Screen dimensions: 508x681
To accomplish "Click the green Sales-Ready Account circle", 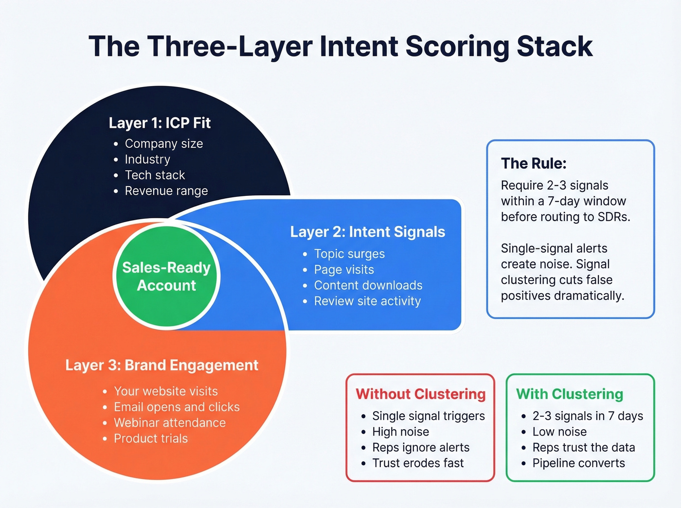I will pyautogui.click(x=166, y=277).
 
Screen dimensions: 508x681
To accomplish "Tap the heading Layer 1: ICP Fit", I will pyautogui.click(x=160, y=123).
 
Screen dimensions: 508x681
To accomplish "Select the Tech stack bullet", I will pyautogui.click(x=155, y=175).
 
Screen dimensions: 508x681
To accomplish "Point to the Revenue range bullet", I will pyautogui.click(x=166, y=191).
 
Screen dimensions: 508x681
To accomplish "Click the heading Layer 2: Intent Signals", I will pyautogui.click(x=367, y=232).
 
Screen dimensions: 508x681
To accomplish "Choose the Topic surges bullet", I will pyautogui.click(x=349, y=254).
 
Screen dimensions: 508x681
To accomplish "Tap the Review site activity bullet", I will pyautogui.click(x=367, y=301).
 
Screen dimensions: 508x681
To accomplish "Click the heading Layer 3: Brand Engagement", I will pyautogui.click(x=161, y=365).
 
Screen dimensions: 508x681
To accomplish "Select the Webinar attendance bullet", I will pyautogui.click(x=169, y=423).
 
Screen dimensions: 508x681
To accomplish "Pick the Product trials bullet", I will pyautogui.click(x=150, y=438).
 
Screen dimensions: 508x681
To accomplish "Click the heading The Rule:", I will pyautogui.click(x=534, y=163).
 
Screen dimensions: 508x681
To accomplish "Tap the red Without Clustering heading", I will pyautogui.click(x=420, y=394).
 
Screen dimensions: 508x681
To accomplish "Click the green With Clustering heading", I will pyautogui.click(x=569, y=394).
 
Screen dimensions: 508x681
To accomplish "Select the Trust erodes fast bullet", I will pyautogui.click(x=417, y=463).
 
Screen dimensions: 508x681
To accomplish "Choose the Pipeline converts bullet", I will pyautogui.click(x=578, y=463).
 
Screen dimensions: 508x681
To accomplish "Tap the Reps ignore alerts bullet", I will pyautogui.click(x=420, y=448).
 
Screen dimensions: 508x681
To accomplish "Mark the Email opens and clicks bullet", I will pyautogui.click(x=176, y=407).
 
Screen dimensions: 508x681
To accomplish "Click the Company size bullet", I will pyautogui.click(x=163, y=144).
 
